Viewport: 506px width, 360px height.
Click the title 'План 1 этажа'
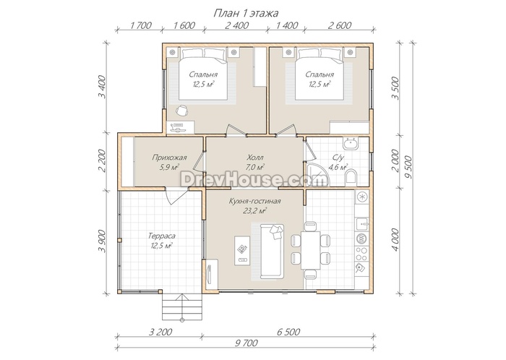[246, 13]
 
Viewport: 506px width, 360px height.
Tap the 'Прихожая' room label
[169, 158]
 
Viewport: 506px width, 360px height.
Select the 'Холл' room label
[255, 158]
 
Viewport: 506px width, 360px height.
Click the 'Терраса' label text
[162, 236]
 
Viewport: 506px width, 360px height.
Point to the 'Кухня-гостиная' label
[254, 201]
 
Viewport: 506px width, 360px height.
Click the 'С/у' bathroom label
[338, 158]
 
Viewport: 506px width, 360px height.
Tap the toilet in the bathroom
[350, 178]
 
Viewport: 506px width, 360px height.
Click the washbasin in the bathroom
[350, 143]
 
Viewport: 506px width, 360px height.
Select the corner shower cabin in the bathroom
[317, 174]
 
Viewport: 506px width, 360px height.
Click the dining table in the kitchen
[310, 250]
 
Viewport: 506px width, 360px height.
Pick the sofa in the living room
[272, 251]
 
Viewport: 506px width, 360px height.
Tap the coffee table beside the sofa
[242, 250]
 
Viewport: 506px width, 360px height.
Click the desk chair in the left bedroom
[182, 110]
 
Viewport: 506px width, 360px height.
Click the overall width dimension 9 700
[246, 343]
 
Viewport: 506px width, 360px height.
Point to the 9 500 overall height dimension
[408, 167]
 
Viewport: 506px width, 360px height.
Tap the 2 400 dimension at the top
[236, 25]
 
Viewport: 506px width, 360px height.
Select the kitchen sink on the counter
[361, 223]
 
